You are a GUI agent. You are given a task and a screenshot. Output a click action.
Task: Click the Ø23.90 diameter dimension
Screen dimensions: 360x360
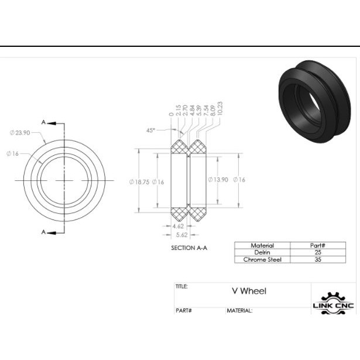20,133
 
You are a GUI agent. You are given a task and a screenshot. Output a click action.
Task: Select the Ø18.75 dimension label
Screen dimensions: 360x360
139,182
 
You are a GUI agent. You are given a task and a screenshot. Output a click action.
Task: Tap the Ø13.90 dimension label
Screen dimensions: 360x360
218,180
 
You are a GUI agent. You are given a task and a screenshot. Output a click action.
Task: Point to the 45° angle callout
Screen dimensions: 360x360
150,131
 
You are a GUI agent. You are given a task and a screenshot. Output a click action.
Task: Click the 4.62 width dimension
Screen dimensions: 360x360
178,226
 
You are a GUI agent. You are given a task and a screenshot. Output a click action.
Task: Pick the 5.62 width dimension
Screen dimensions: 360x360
182,235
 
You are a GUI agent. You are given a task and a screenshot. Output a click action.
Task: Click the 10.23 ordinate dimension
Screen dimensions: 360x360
220,109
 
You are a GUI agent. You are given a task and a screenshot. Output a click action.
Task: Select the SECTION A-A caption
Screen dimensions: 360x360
189,248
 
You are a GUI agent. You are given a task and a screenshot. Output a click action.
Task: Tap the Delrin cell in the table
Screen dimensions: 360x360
262,252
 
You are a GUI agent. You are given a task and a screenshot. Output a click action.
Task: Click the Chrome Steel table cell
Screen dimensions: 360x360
262,260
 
